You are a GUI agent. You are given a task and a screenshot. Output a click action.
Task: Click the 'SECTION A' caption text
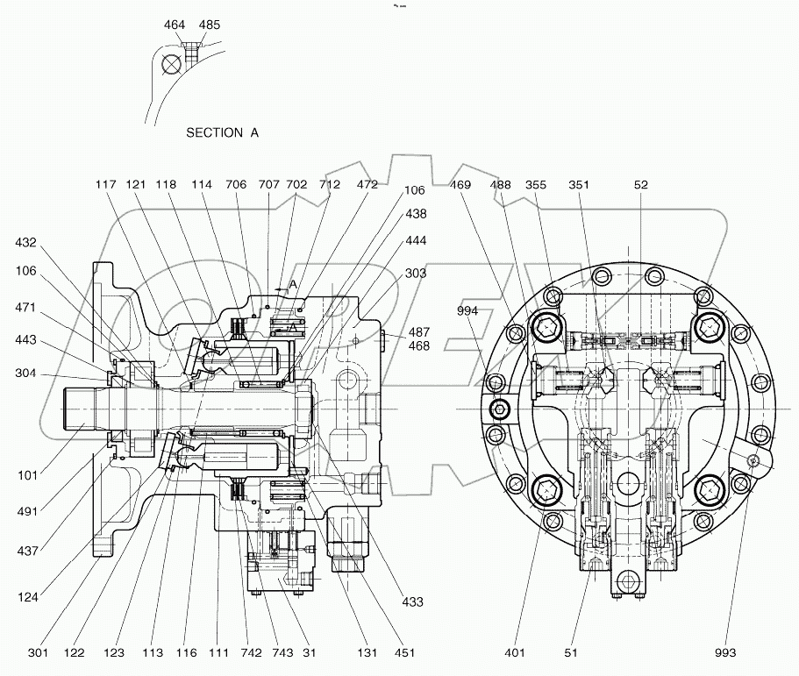[222, 132]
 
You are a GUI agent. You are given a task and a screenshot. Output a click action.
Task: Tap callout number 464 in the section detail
[175, 25]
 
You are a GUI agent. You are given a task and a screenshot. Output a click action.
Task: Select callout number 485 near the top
[209, 25]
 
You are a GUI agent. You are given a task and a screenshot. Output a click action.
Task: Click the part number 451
[403, 652]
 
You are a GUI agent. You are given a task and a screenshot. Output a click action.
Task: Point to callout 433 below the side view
[411, 602]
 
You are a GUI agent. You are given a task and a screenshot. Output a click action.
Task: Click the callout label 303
[416, 274]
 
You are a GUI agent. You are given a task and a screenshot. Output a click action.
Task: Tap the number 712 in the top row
[330, 185]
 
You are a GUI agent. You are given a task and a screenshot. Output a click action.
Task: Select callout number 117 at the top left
[106, 185]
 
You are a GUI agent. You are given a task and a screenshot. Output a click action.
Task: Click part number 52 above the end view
[641, 185]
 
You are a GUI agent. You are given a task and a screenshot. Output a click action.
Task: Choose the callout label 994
[467, 310]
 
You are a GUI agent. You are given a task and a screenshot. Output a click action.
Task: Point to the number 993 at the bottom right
[724, 652]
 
